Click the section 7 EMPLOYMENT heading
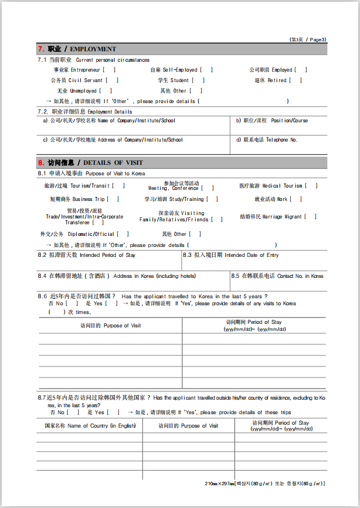[x=77, y=49]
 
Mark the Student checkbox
[x=198, y=80]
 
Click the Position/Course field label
[x=272, y=121]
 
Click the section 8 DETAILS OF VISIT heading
[x=90, y=163]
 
